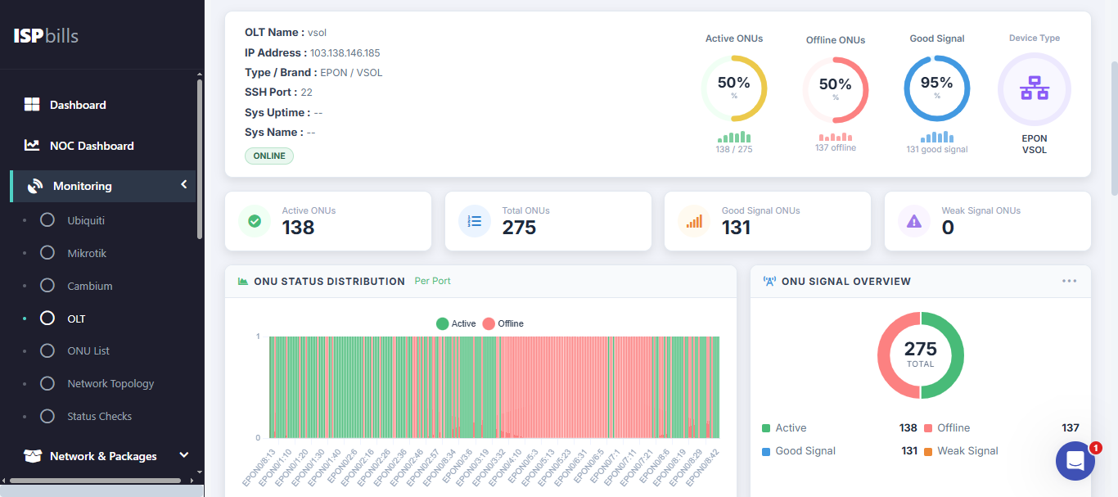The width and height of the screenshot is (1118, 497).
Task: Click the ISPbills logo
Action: (x=46, y=36)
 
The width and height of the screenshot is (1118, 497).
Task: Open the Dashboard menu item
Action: (x=78, y=105)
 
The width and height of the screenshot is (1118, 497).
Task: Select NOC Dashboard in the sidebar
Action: (x=91, y=146)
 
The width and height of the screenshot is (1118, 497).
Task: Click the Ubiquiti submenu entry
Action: (x=85, y=220)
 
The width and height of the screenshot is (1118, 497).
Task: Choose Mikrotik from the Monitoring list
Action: (x=86, y=253)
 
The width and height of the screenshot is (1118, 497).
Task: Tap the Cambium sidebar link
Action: (x=89, y=286)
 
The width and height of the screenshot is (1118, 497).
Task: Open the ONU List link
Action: (x=88, y=350)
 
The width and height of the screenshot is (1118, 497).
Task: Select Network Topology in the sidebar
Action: (x=110, y=383)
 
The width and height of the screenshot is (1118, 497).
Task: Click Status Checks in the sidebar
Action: (x=99, y=416)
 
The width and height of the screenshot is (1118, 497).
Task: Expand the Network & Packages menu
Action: (x=103, y=456)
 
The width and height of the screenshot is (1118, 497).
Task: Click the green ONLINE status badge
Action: (x=268, y=156)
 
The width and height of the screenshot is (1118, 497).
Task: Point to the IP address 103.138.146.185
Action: (x=345, y=53)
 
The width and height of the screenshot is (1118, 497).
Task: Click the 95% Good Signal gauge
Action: (x=936, y=88)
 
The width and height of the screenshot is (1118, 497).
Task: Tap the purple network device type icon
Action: (x=1034, y=88)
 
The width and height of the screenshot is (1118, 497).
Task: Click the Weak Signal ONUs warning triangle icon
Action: (x=914, y=221)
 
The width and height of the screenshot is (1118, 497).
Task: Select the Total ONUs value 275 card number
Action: (x=519, y=228)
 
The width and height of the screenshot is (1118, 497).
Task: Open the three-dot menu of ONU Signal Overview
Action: (x=1069, y=281)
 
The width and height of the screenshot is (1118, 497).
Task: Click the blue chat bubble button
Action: (x=1075, y=461)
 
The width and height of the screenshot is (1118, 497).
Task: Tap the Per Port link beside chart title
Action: (x=432, y=281)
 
